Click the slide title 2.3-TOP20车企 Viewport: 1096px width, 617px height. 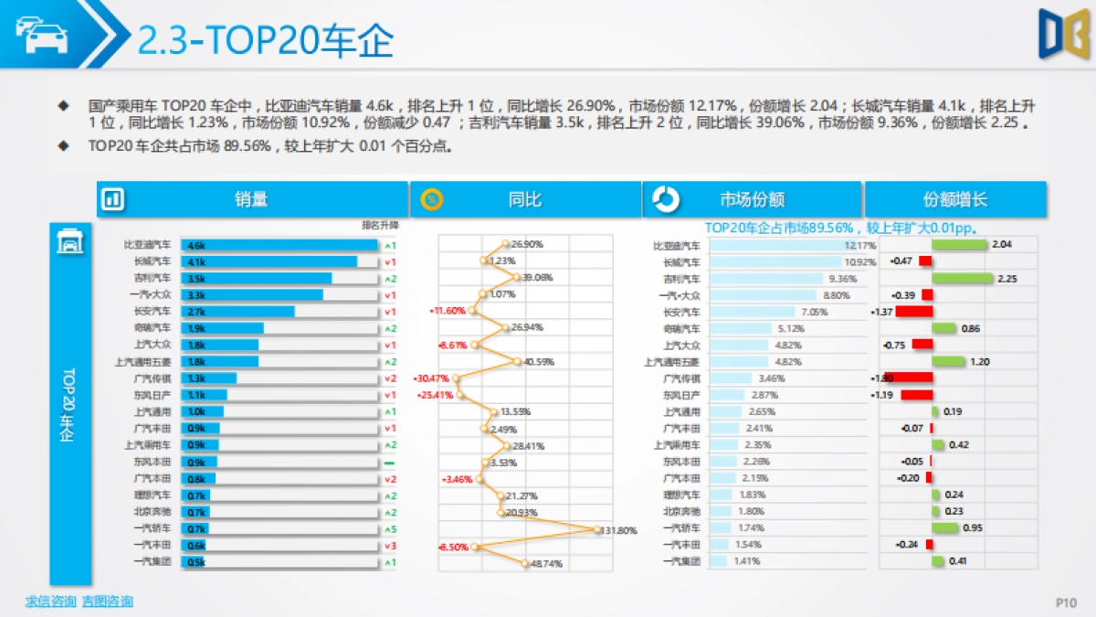click(265, 39)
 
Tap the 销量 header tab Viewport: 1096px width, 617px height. click(251, 199)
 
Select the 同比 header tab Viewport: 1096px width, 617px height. click(524, 199)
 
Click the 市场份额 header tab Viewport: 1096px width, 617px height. click(752, 199)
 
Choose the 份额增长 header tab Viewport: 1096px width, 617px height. click(954, 199)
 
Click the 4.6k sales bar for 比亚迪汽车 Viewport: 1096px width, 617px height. click(279, 245)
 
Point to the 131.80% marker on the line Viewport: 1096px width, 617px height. click(598, 529)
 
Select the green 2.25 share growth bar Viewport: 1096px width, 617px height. click(962, 278)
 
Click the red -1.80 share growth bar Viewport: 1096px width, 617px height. click(909, 378)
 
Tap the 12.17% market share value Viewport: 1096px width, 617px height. click(859, 245)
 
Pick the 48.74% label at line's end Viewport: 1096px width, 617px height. click(547, 564)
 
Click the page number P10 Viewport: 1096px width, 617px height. click(1066, 602)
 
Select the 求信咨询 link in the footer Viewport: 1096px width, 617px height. click(50, 601)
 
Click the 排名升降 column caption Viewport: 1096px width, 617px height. click(380, 225)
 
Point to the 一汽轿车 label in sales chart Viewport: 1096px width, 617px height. click(152, 529)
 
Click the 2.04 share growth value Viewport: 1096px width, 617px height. click(1001, 244)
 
